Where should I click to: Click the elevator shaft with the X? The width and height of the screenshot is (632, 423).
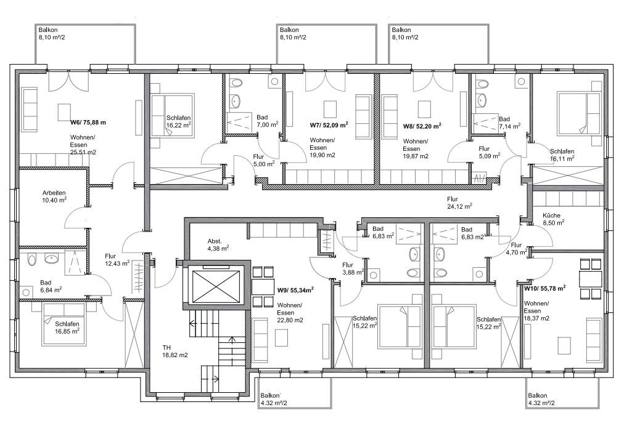pyautogui.click(x=216, y=287)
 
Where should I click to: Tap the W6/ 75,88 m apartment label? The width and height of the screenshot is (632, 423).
pyautogui.click(x=88, y=123)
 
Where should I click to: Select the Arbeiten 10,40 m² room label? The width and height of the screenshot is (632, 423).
pyautogui.click(x=54, y=196)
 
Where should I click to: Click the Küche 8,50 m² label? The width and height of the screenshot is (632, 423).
pyautogui.click(x=553, y=219)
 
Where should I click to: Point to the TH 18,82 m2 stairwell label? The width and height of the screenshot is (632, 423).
pyautogui.click(x=175, y=352)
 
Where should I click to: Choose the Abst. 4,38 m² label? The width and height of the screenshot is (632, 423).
pyautogui.click(x=218, y=244)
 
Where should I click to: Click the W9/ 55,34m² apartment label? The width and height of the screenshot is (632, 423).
pyautogui.click(x=295, y=290)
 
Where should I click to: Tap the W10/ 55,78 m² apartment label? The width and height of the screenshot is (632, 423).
pyautogui.click(x=544, y=288)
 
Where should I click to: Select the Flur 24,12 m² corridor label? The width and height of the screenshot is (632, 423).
pyautogui.click(x=459, y=203)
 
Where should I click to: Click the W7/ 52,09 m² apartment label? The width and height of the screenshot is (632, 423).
pyautogui.click(x=329, y=125)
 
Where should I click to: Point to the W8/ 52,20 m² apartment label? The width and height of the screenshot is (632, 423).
pyautogui.click(x=422, y=126)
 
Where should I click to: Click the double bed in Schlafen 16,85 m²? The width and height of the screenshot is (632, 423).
pyautogui.click(x=64, y=324)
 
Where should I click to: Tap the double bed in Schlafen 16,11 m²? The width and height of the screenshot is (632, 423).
pyautogui.click(x=579, y=113)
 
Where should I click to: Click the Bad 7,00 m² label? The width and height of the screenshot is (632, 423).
pyautogui.click(x=267, y=121)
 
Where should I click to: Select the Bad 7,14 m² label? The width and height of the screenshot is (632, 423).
pyautogui.click(x=509, y=123)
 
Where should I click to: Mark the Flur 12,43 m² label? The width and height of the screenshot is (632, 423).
pyautogui.click(x=117, y=260)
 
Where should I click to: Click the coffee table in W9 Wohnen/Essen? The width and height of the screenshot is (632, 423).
pyautogui.click(x=281, y=337)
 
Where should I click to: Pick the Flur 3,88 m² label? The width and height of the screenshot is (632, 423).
pyautogui.click(x=353, y=268)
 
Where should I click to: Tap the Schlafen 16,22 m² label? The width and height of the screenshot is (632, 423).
pyautogui.click(x=179, y=121)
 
